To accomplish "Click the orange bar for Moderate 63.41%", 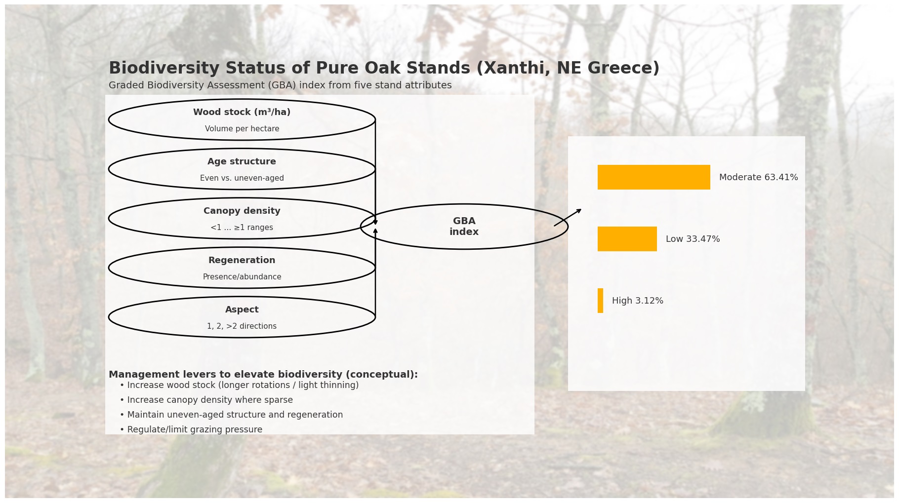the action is [654, 177].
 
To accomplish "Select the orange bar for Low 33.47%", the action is [627, 239].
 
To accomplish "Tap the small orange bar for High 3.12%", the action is [600, 301].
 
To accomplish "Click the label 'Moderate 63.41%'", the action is [758, 177].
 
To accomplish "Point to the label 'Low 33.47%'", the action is [693, 239].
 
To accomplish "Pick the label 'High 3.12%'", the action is [637, 301].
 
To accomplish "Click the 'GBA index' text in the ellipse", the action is [464, 227].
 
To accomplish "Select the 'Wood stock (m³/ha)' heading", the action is [242, 112].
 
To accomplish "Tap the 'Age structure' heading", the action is [242, 161].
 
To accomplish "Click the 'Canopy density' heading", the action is [242, 211].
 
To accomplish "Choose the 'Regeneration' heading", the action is [242, 260].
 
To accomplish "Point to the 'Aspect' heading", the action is [242, 310].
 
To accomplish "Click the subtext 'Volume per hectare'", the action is [242, 129].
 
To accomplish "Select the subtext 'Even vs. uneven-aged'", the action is [242, 178].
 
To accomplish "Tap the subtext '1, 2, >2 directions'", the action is [242, 326].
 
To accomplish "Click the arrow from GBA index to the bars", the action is [568, 218].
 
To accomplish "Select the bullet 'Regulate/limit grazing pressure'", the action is [195, 429].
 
